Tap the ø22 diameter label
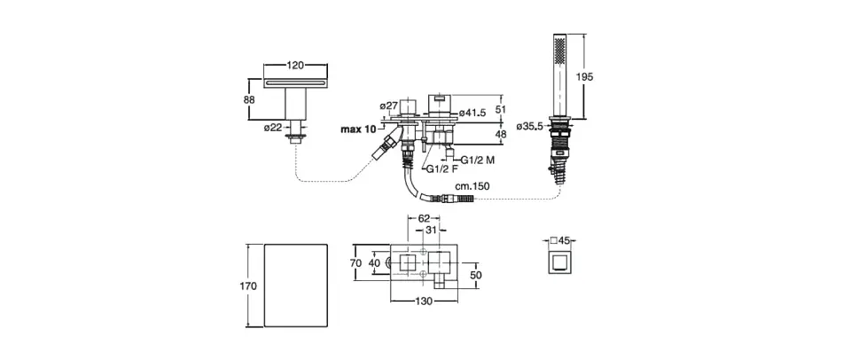[x=272, y=128]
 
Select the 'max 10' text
[x=358, y=129]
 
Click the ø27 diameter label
[x=387, y=106]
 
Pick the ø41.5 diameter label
[x=471, y=113]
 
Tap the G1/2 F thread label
[x=441, y=169]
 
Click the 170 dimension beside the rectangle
[x=248, y=286]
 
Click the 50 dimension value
[x=475, y=276]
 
